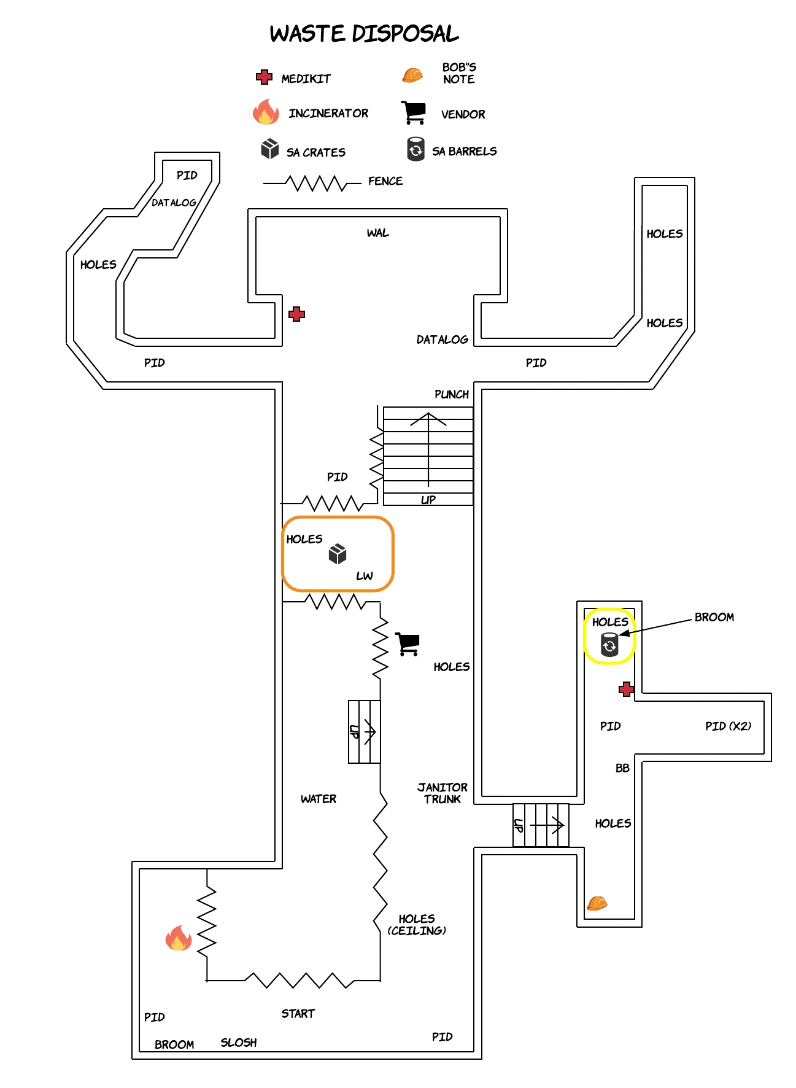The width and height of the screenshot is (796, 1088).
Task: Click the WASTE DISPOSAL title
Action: point(364,34)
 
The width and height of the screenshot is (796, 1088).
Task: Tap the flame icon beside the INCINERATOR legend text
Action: point(266,112)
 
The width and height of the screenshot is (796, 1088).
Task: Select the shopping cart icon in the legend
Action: point(414,112)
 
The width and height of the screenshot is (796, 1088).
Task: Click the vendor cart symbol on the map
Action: point(407,644)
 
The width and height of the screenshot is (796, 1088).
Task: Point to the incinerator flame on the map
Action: point(179,938)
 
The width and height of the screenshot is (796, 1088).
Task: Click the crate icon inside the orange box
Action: point(338,554)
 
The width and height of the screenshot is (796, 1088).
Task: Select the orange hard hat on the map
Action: point(597,903)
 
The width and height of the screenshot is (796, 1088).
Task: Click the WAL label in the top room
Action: point(377,233)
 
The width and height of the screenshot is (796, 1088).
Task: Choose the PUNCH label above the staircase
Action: point(451,394)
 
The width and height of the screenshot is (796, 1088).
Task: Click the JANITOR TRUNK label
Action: point(442,793)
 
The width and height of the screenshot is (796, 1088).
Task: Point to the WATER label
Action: point(318,799)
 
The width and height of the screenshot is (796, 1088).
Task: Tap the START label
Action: point(298,1014)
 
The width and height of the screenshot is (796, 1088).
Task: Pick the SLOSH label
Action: point(239,1043)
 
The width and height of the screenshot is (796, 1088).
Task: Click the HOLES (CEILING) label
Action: point(417,925)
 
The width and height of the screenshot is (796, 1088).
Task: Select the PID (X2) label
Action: point(728,726)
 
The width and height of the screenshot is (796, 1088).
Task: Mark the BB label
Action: point(622,768)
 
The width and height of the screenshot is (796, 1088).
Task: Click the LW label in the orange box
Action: point(364,576)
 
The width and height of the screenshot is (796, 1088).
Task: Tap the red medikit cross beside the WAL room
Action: point(297,314)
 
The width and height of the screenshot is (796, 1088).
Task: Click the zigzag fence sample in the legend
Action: point(313,183)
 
